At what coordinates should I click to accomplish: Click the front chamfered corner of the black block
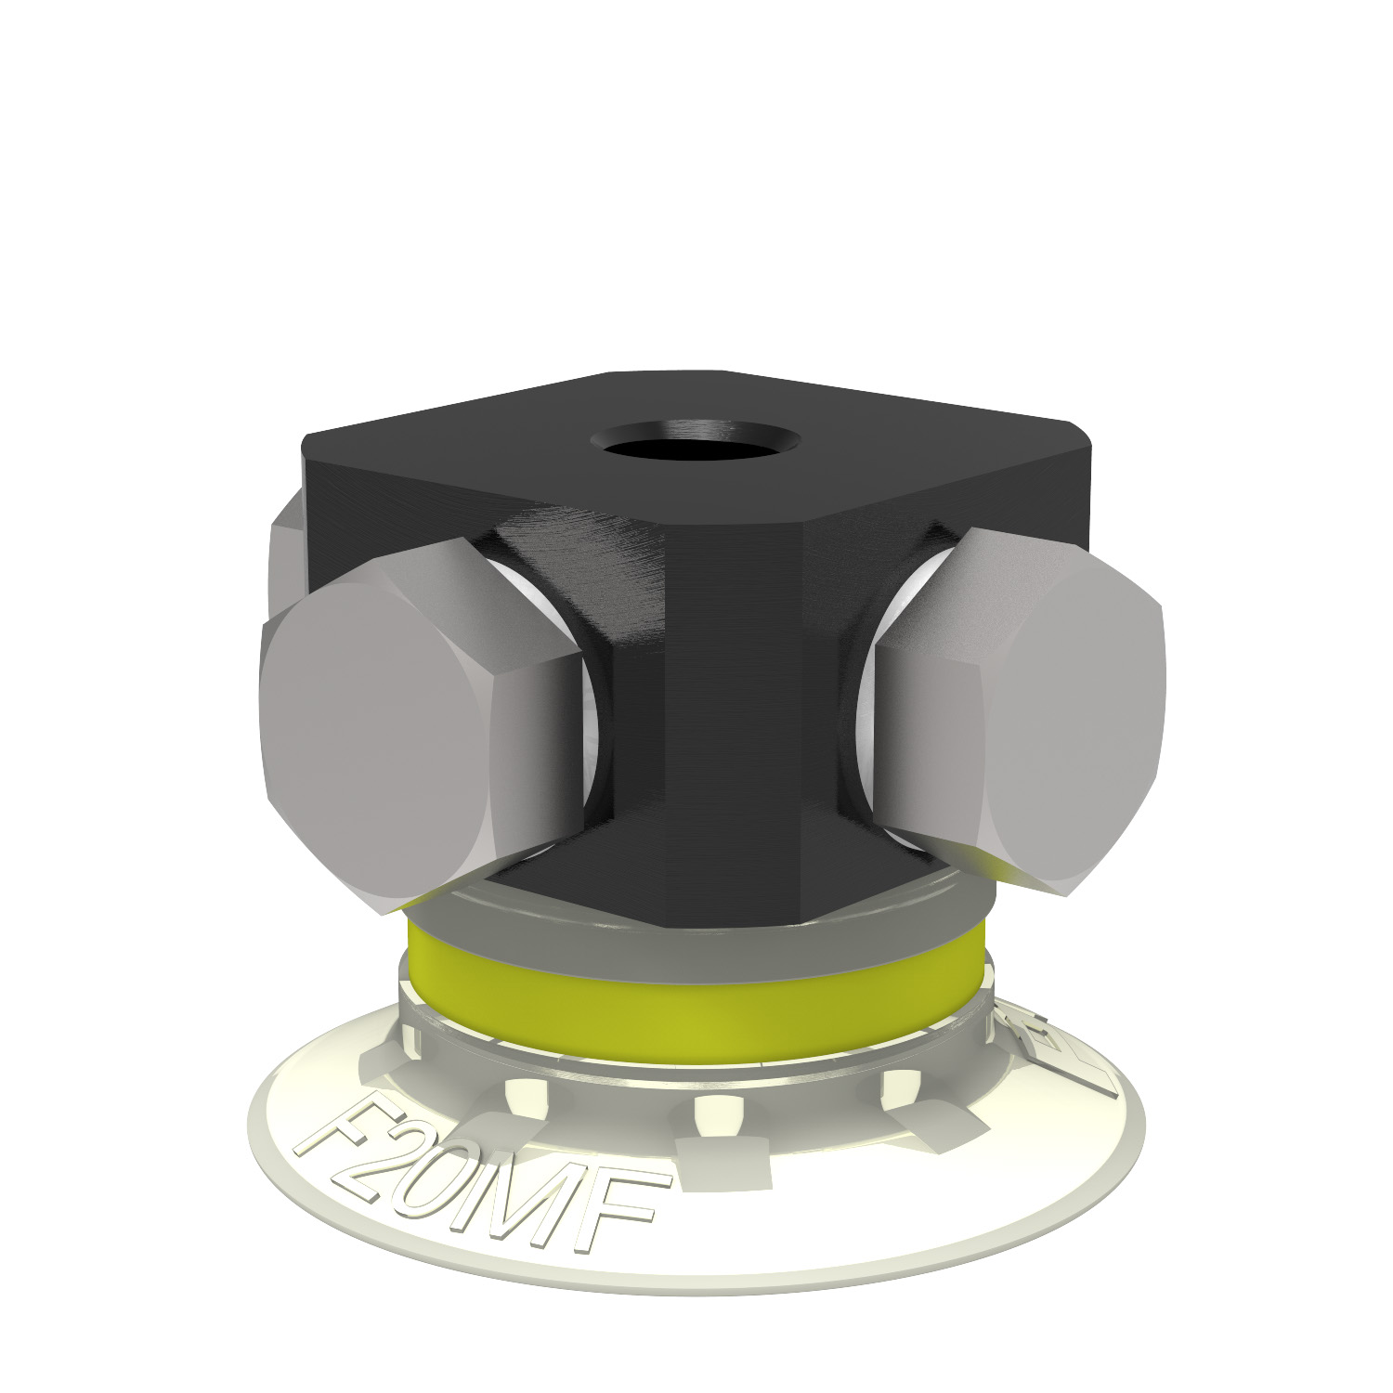734,724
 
